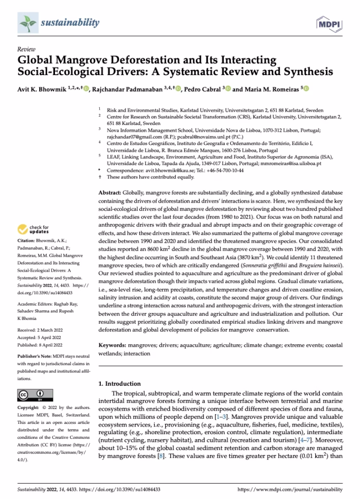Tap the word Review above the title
(x=26, y=49)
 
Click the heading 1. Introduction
(x=119, y=384)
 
